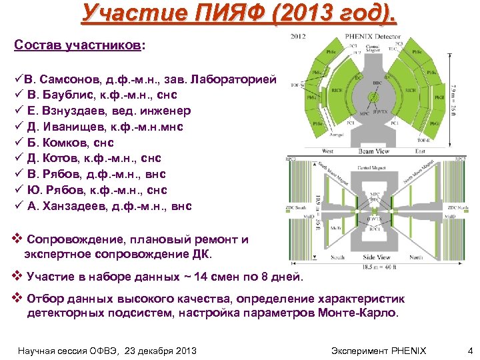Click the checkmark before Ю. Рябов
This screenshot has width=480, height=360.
[x=18, y=190]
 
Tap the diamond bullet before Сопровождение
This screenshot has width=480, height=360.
[x=18, y=240]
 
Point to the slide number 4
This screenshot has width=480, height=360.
[x=469, y=350]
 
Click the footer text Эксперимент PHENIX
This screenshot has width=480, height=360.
[x=378, y=350]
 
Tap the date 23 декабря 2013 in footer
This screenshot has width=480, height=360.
[x=155, y=350]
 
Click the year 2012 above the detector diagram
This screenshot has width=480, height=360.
[x=299, y=37]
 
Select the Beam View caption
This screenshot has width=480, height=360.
[x=375, y=151]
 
